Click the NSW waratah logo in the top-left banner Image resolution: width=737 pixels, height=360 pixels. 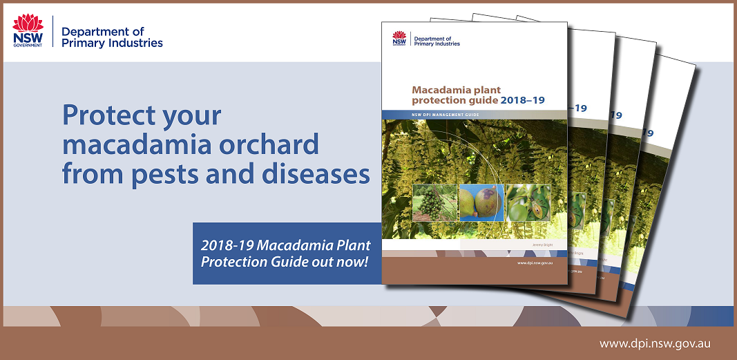(28, 31)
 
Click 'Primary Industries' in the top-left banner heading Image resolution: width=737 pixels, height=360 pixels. (112, 43)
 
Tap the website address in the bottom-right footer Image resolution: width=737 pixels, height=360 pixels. (655, 343)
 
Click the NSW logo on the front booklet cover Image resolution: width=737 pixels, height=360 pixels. (399, 39)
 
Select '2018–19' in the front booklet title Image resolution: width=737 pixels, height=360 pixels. (522, 100)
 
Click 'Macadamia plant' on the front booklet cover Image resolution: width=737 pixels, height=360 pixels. (456, 90)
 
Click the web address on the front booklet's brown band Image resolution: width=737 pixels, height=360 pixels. (534, 264)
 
